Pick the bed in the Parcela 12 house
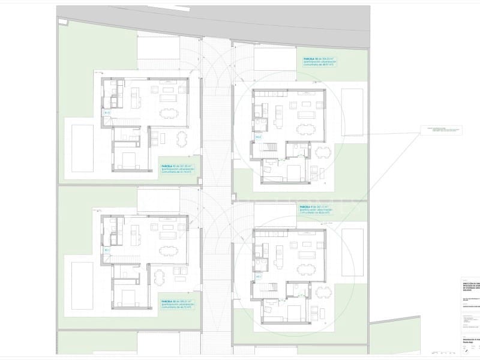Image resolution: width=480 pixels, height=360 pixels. (x=128, y=297)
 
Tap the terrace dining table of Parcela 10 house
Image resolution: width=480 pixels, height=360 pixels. (x=323, y=151)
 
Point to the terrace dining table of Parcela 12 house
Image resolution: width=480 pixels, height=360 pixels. (x=160, y=277)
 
